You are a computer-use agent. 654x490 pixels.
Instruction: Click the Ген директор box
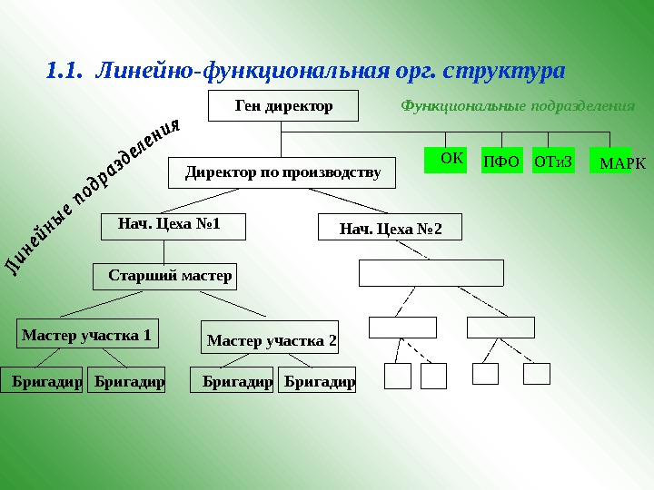283,106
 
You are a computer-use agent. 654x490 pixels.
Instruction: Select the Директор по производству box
282,172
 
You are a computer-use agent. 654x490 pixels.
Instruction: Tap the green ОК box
445,160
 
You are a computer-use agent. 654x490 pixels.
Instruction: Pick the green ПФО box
501,161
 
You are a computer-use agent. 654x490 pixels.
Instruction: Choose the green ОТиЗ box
553,161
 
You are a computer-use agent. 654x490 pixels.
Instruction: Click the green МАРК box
611,162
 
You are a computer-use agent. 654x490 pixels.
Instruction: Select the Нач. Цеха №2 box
390,227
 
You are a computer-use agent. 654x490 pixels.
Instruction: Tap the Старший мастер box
165,276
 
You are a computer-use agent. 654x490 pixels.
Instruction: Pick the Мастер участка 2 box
269,340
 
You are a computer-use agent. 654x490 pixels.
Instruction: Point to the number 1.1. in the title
64,70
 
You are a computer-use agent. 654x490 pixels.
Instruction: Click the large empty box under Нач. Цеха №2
431,272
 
